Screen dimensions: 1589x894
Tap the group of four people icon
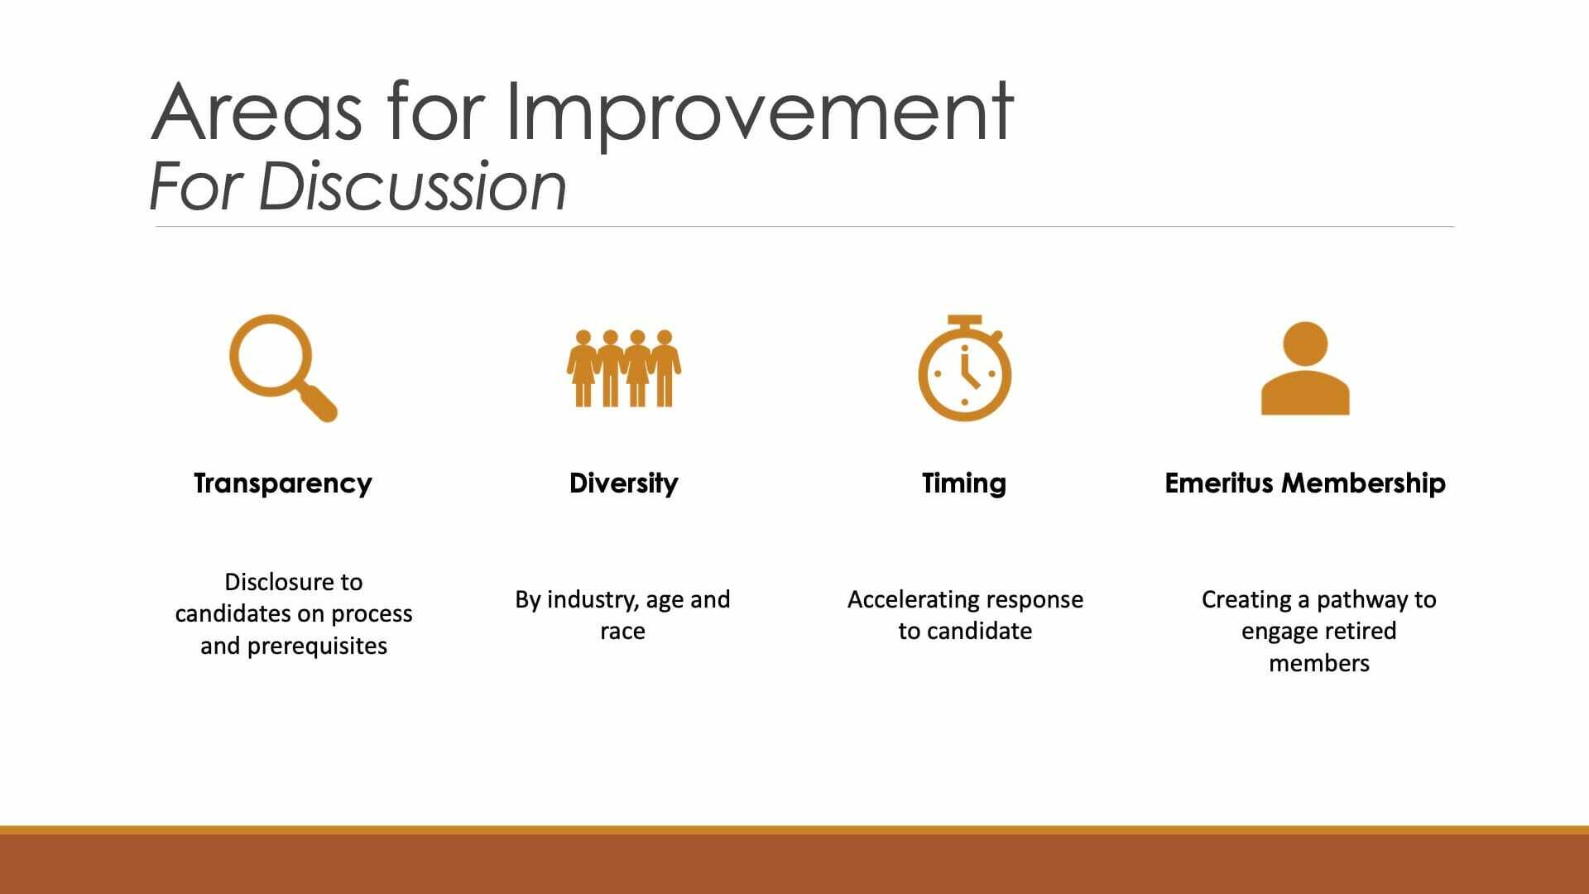(624, 368)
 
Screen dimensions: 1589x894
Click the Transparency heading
(283, 483)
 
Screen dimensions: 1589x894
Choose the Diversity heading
(624, 483)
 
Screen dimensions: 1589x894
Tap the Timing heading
(964, 483)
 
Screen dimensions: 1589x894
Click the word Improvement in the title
(759, 113)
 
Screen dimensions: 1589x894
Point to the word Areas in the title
(257, 113)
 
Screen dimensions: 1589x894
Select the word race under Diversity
(622, 632)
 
